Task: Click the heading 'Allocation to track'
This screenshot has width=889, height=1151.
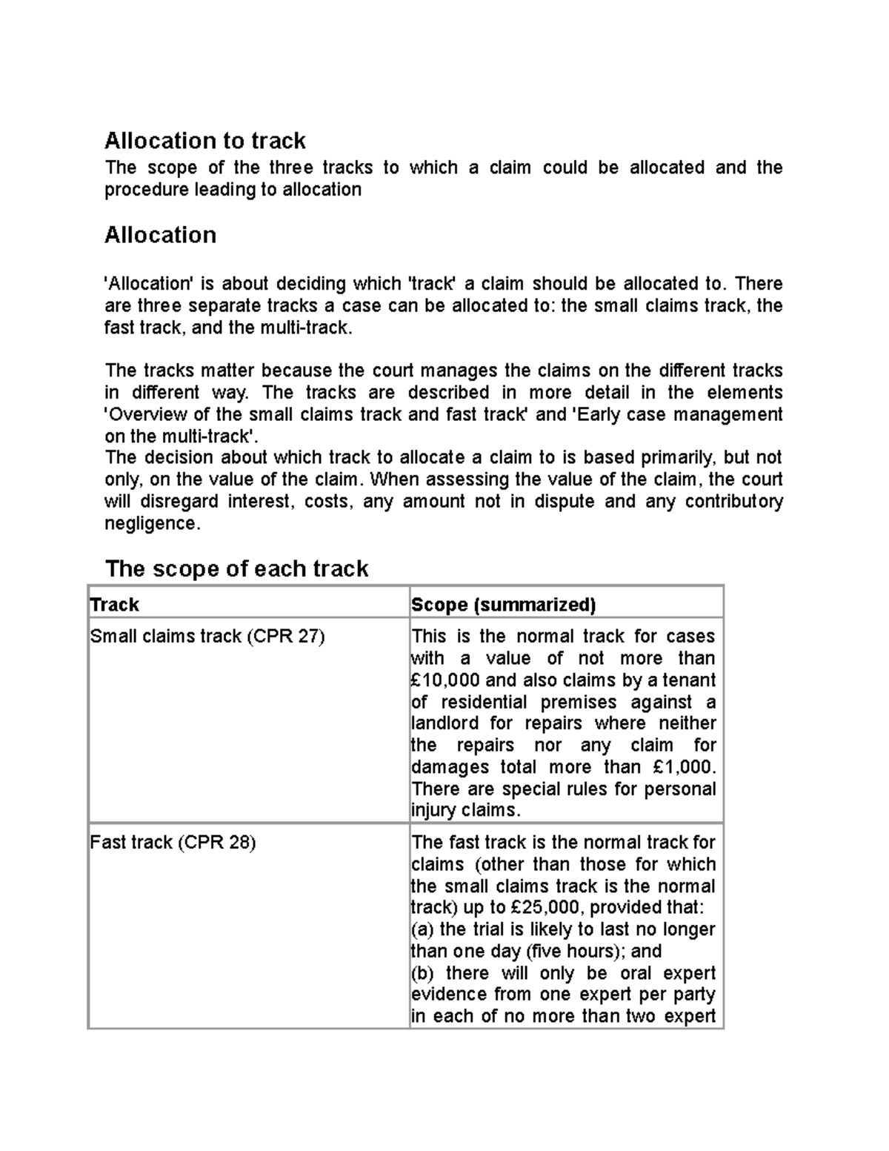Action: [205, 141]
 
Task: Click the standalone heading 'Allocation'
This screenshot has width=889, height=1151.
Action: [160, 235]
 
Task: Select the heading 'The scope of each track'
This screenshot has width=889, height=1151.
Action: [236, 568]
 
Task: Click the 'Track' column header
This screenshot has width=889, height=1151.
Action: [115, 605]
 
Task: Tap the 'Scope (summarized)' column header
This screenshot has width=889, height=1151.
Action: [504, 605]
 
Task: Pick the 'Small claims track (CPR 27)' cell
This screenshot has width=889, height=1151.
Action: [207, 637]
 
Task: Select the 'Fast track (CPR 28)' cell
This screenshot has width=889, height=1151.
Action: [173, 843]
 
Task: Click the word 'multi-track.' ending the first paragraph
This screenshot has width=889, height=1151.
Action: [305, 328]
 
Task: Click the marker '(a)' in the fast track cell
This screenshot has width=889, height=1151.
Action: [423, 929]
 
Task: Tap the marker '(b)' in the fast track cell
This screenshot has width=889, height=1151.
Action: [424, 973]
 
